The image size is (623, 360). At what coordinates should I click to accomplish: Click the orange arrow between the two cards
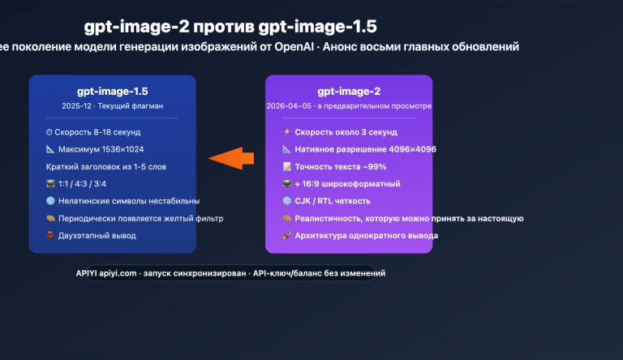click(230, 157)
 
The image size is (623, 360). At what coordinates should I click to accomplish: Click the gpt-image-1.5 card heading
click(112, 92)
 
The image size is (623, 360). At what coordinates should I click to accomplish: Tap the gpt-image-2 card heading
click(349, 92)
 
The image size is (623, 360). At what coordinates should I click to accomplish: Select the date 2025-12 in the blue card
click(77, 106)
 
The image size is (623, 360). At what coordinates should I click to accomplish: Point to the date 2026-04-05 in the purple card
click(288, 106)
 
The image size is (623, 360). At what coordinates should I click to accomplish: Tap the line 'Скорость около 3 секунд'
click(346, 132)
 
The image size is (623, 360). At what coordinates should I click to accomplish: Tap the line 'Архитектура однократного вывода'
click(366, 235)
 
